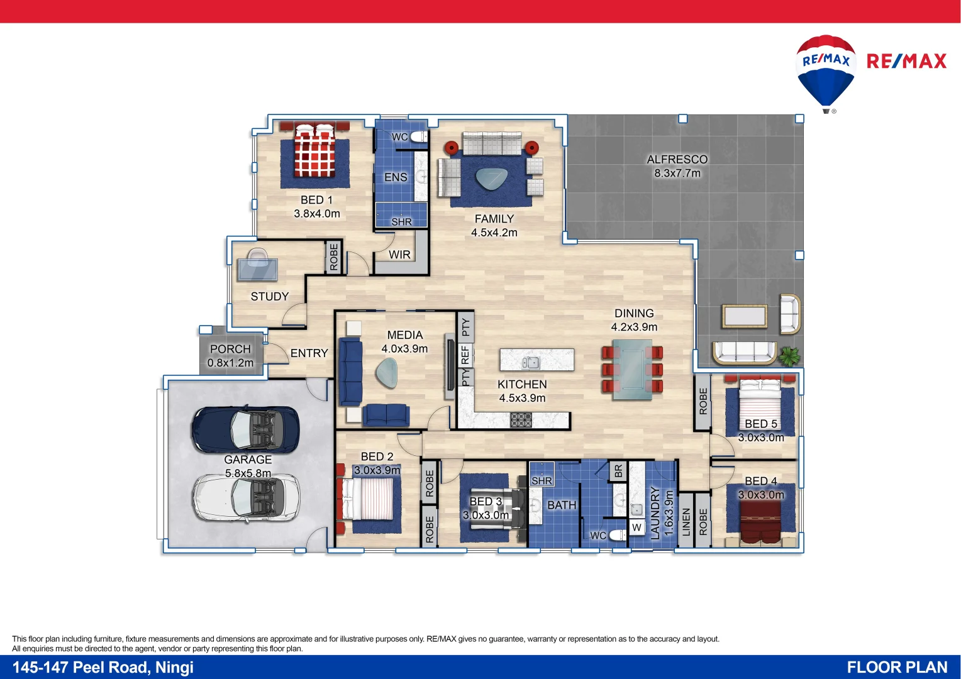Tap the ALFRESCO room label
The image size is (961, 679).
677,160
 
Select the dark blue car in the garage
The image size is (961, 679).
246,429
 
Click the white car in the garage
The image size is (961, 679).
246,497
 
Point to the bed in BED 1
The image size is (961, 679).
314,151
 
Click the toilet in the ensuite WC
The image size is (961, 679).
419,137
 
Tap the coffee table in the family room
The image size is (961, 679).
492,179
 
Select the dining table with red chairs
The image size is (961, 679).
632,369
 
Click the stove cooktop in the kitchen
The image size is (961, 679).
521,419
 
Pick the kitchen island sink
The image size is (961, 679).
530,362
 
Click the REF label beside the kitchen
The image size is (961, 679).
465,355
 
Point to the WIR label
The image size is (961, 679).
399,255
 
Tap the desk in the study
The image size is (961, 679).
257,268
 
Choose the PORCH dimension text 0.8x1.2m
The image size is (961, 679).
230,363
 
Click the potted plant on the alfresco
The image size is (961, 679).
790,356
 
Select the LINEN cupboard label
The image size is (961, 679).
686,522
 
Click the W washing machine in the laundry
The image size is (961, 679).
636,527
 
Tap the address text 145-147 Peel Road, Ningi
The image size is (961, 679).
103,667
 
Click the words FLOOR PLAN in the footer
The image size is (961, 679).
896,667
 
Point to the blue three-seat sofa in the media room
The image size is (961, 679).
350,372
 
